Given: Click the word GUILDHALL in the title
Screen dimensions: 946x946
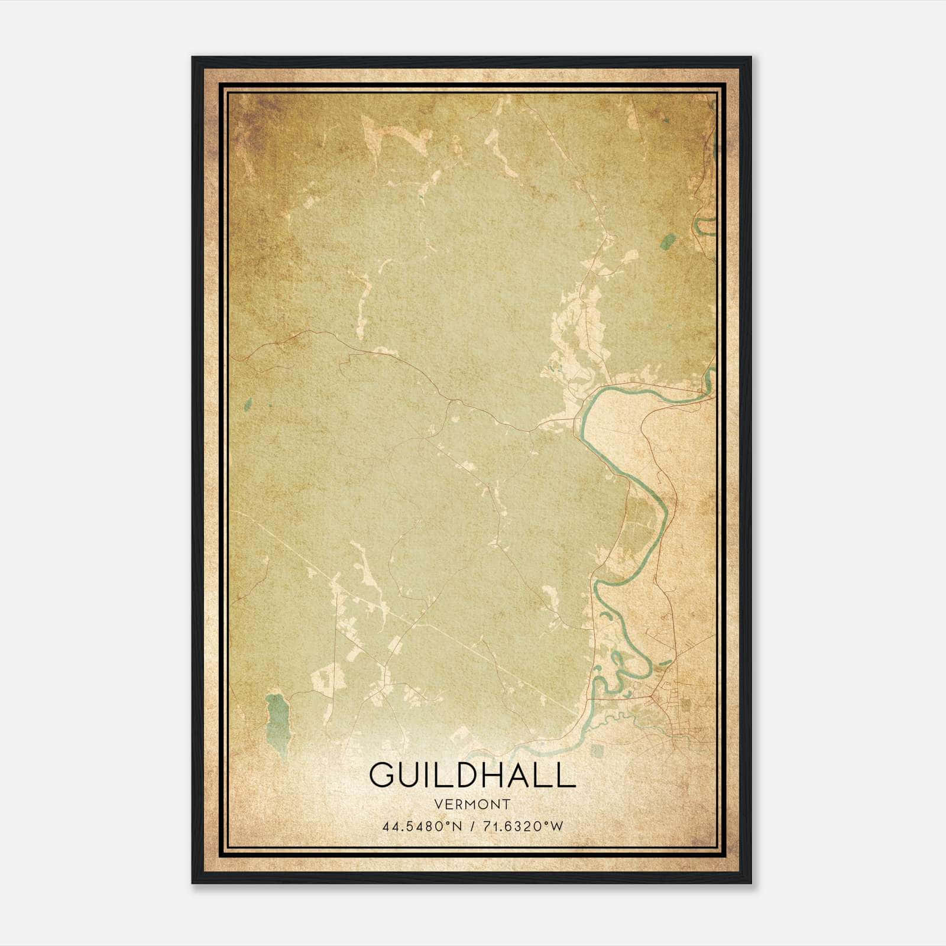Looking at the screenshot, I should [472, 775].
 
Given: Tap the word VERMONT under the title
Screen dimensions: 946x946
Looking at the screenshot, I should [472, 804].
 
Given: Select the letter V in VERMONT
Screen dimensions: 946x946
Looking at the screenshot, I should [438, 804].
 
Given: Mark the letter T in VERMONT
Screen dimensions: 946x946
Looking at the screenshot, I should [507, 804].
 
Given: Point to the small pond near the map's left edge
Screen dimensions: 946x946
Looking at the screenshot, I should [247, 404].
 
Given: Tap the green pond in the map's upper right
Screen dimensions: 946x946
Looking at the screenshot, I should [669, 241].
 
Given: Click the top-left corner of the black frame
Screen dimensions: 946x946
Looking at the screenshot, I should [193, 58].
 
